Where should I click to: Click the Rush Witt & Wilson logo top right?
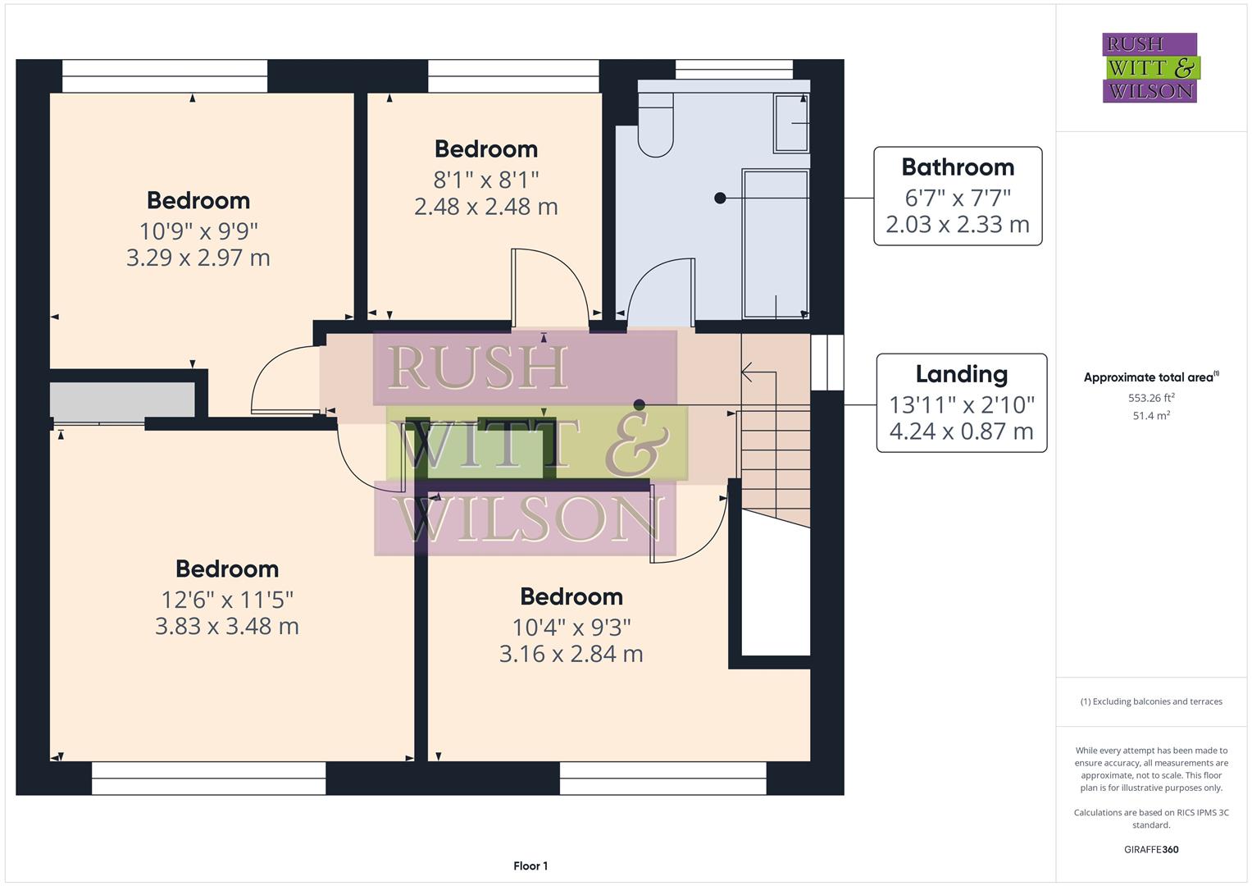tap(1150, 68)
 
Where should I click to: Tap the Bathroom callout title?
tap(957, 167)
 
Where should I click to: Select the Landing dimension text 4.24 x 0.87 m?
tap(961, 432)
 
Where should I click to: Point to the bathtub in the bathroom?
tap(775, 244)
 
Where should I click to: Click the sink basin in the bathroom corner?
tap(791, 123)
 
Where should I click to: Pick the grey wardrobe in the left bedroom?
tap(122, 400)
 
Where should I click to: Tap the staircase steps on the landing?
tap(775, 459)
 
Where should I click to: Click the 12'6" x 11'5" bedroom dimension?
tap(226, 599)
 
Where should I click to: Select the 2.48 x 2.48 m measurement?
tap(485, 207)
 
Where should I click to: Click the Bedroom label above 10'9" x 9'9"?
tap(198, 201)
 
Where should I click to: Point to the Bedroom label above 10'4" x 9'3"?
tap(571, 597)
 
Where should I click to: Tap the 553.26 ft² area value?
tap(1150, 398)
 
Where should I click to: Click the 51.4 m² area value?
tap(1150, 416)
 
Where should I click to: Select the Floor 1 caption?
tap(530, 865)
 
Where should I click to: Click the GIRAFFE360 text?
tap(1150, 849)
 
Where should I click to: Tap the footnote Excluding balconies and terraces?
tap(1150, 701)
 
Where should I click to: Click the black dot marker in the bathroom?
tap(720, 198)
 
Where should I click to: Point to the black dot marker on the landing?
tap(639, 404)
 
